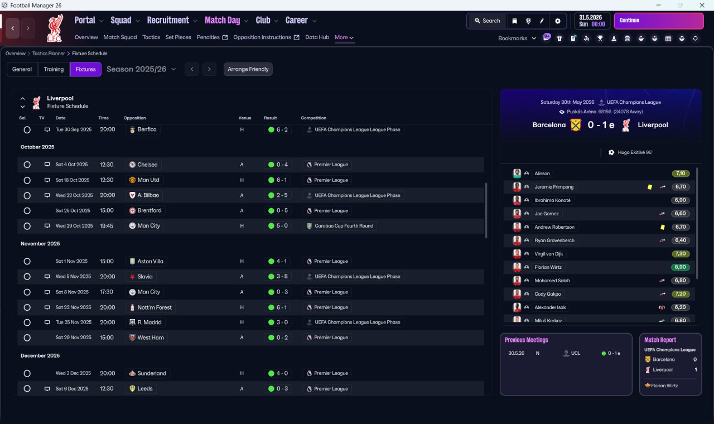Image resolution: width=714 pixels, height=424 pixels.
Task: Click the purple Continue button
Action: click(x=659, y=21)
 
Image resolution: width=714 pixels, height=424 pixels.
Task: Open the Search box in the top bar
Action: click(x=488, y=21)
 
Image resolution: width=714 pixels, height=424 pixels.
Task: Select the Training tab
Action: click(x=54, y=69)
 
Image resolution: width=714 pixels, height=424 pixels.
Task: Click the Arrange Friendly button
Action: click(x=248, y=69)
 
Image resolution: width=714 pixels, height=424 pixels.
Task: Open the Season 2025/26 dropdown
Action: click(x=141, y=69)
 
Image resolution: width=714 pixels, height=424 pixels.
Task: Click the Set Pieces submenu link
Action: click(x=178, y=37)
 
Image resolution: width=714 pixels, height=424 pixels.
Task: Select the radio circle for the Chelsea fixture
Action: click(x=27, y=165)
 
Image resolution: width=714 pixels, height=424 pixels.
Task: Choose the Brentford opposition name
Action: click(x=149, y=210)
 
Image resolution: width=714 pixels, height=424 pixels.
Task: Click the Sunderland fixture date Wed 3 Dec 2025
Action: click(x=73, y=373)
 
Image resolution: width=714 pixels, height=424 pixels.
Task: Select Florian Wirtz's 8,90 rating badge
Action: click(x=680, y=267)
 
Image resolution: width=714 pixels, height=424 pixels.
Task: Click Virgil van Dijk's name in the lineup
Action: click(x=548, y=254)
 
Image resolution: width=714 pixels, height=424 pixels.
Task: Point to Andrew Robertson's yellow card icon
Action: click(x=662, y=227)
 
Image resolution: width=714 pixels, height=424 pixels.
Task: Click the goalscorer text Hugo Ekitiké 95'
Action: click(x=635, y=152)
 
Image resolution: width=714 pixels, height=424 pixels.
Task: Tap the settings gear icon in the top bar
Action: click(x=557, y=21)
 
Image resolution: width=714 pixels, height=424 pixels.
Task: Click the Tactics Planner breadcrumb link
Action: click(x=49, y=54)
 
